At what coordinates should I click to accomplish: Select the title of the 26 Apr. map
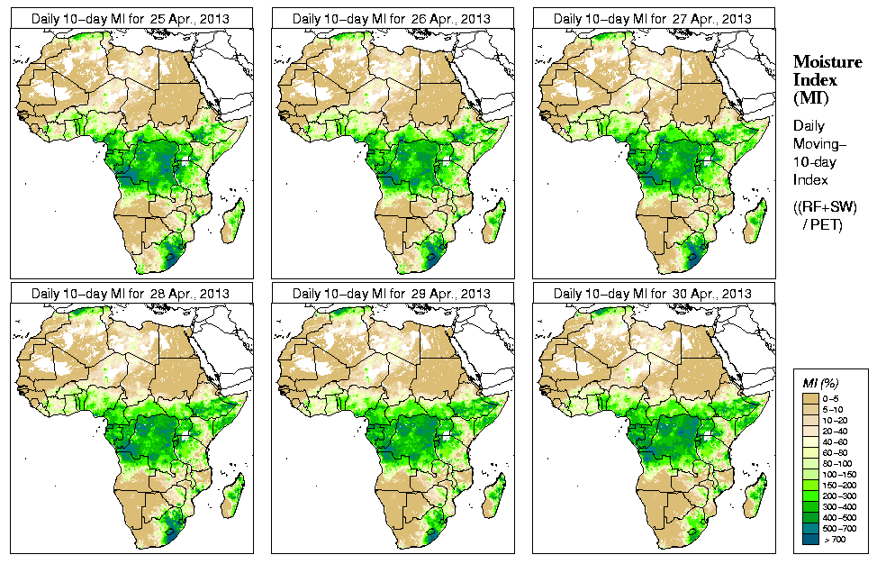coord(392,18)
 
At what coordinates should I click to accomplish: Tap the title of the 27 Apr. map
coord(653,18)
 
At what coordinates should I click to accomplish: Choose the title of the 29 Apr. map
coord(392,294)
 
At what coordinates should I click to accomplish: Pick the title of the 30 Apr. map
coord(653,294)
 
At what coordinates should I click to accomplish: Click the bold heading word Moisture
coord(827,61)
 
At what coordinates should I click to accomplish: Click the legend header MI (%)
coord(820,385)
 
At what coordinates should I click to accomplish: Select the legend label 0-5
coord(834,397)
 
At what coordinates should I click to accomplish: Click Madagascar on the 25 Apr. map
coord(232,223)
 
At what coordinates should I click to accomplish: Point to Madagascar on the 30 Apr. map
coord(755,499)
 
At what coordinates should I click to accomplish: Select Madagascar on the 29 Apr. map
coord(493,499)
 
